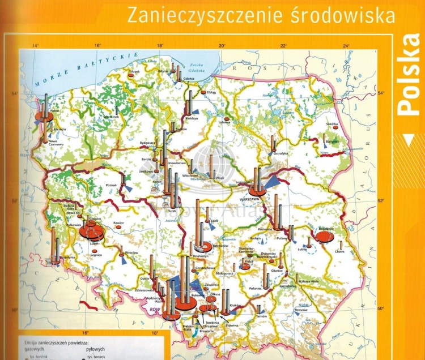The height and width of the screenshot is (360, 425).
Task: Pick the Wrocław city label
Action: click(131, 253)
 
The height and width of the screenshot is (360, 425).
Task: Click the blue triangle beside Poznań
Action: click(127, 187)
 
